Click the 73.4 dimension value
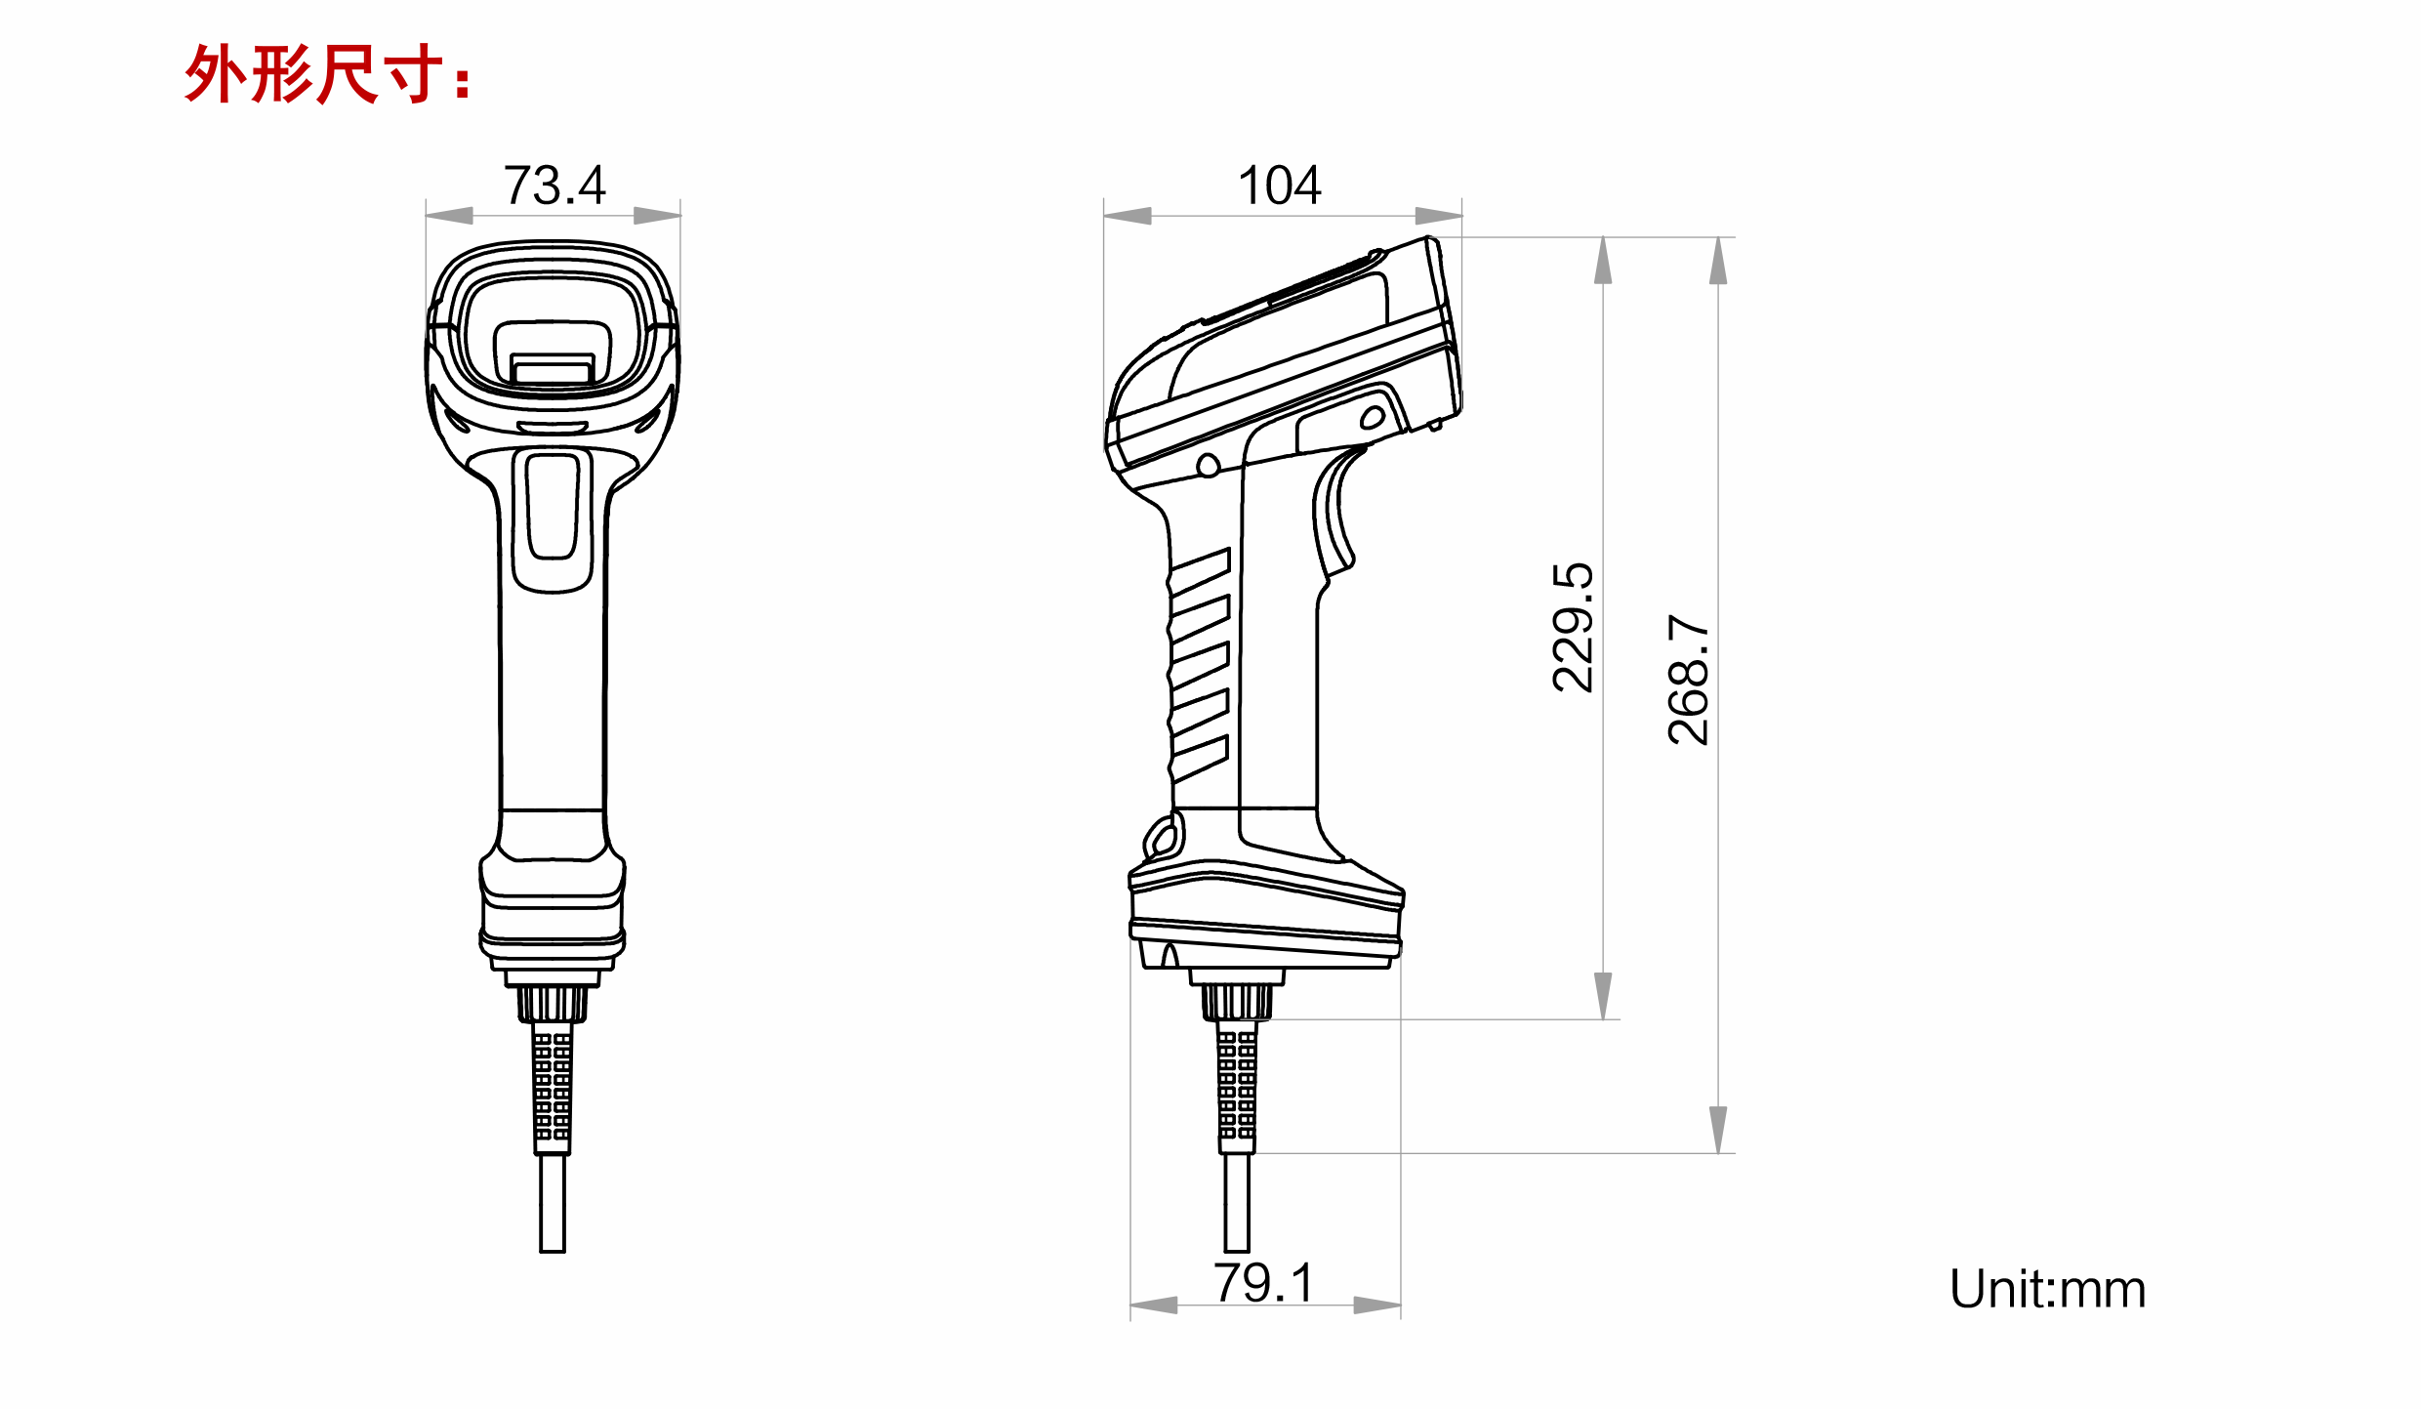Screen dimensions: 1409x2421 (554, 186)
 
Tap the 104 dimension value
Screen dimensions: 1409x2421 (1279, 186)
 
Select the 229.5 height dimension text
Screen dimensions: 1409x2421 (1573, 628)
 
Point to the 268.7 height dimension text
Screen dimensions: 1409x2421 (1688, 680)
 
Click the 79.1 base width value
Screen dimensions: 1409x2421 (1263, 1282)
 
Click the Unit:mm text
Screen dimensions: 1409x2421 (2047, 1289)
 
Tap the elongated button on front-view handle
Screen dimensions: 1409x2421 (553, 508)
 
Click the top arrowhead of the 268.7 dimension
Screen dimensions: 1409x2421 (1718, 262)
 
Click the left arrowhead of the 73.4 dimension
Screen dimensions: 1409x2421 (450, 216)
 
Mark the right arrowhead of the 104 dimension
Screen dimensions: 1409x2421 (1438, 216)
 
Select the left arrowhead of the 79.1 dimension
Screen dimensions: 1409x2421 (1154, 1305)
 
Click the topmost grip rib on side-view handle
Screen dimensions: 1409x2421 (1200, 571)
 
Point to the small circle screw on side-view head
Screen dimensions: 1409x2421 (1208, 466)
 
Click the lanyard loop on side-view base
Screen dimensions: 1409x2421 (1164, 838)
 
